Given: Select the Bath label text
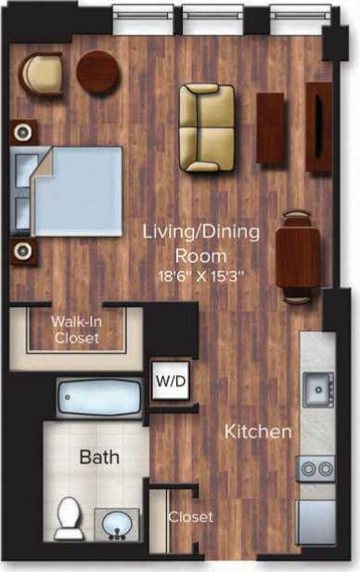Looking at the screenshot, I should click(98, 457).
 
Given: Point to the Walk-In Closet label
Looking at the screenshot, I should click(76, 331).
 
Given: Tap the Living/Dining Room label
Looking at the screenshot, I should click(200, 241).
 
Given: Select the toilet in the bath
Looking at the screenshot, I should click(69, 518).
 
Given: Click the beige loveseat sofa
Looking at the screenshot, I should click(206, 128).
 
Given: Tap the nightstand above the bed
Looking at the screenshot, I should click(25, 130).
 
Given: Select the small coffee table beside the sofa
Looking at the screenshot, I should click(270, 128).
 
